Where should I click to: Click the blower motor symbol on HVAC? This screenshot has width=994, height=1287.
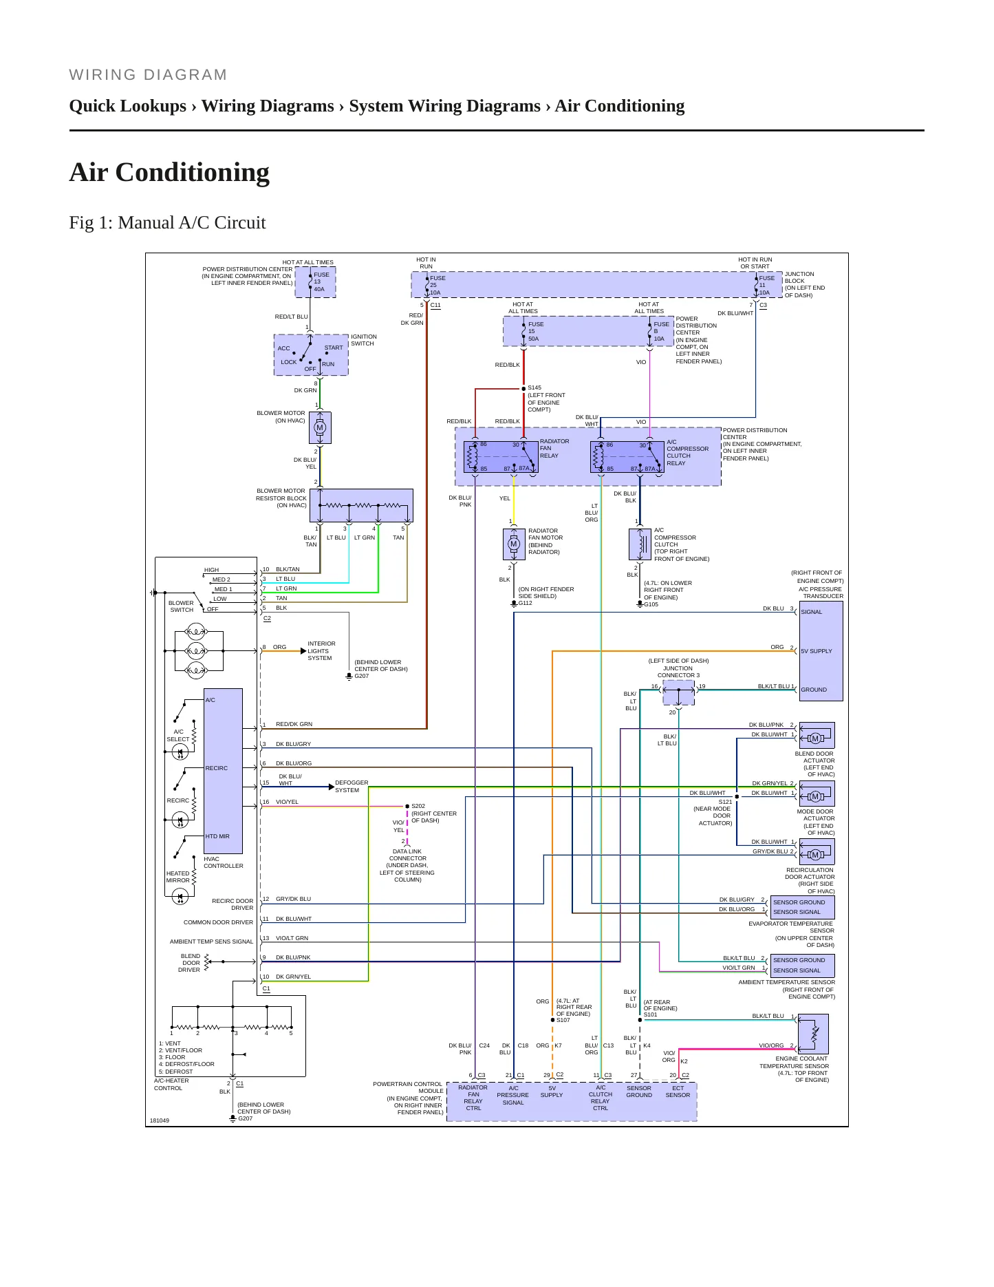click(x=320, y=427)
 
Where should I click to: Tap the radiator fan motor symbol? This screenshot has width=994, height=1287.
click(x=513, y=544)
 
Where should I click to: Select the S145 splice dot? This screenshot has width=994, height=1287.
click(x=523, y=389)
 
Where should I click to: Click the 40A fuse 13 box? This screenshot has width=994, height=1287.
click(x=316, y=282)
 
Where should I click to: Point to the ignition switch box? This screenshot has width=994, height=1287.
click(x=311, y=355)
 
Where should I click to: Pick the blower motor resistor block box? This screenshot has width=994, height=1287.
click(x=361, y=506)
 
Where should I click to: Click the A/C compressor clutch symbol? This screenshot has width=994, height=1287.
click(x=640, y=544)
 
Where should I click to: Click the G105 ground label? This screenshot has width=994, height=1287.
click(x=651, y=604)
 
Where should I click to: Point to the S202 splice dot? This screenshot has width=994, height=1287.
click(x=407, y=806)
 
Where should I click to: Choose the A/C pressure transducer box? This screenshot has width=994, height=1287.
click(x=821, y=651)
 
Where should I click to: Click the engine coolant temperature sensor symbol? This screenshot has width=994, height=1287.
click(x=814, y=1034)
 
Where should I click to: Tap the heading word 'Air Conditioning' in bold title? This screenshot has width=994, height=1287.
click(x=169, y=172)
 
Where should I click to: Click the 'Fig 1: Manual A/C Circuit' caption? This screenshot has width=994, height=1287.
click(x=167, y=222)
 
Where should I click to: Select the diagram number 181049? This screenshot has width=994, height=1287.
click(x=160, y=1120)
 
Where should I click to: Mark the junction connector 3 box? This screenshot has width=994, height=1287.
click(x=679, y=693)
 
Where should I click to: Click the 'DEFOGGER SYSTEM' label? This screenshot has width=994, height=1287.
click(x=352, y=787)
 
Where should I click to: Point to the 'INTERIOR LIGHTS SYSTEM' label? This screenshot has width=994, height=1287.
click(x=321, y=651)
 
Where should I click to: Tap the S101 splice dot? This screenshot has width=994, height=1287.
click(x=640, y=1020)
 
